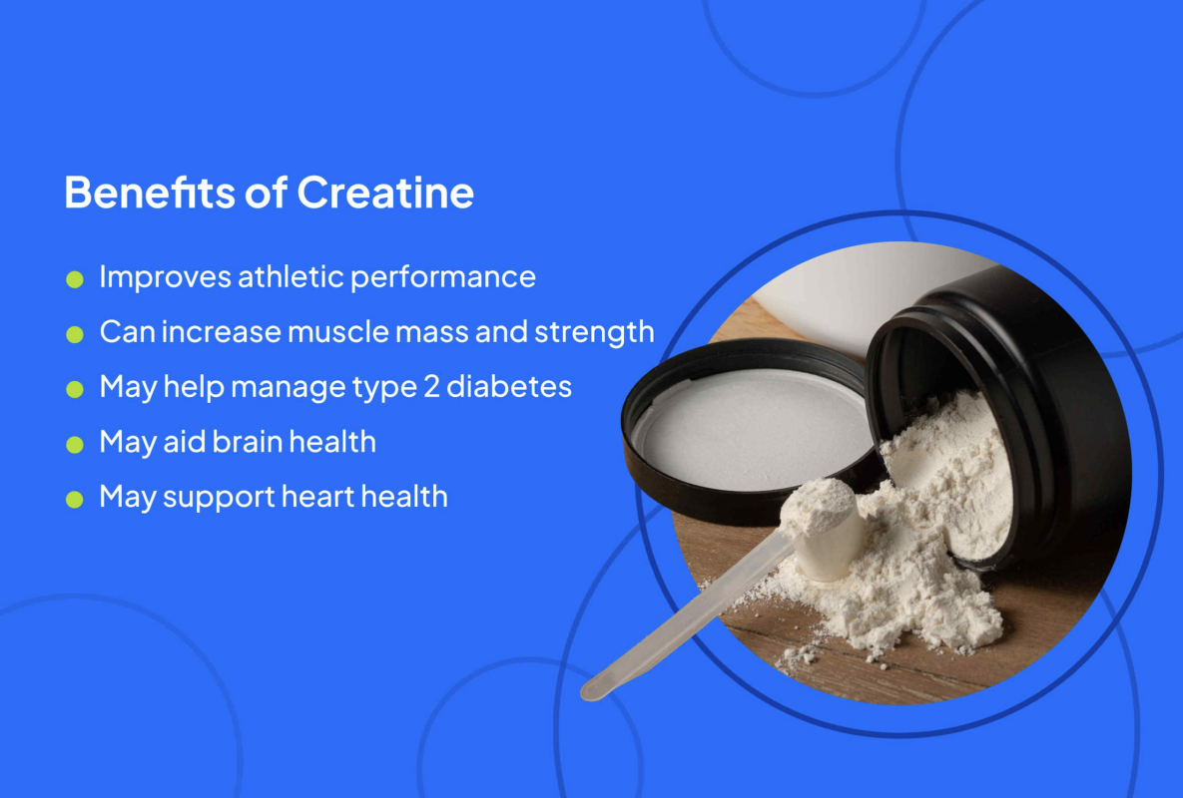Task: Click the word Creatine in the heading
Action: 385,193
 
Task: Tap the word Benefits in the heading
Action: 150,193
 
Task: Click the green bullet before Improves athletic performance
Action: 75,279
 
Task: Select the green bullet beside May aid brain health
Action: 75,445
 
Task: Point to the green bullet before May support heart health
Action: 75,500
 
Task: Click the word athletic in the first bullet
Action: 291,276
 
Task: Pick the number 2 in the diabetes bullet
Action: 431,387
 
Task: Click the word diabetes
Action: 508,387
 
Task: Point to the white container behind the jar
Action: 861,290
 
